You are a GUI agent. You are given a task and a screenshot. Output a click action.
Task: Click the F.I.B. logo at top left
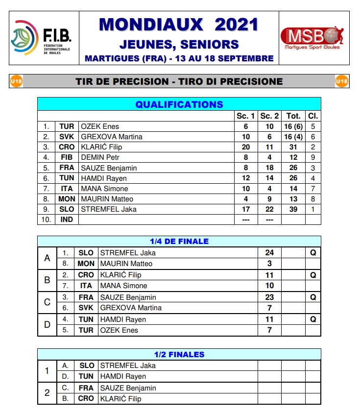(x=43, y=38)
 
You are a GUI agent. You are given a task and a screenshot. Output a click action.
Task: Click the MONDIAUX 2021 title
(x=179, y=24)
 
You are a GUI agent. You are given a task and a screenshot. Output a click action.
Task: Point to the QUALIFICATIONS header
(x=179, y=104)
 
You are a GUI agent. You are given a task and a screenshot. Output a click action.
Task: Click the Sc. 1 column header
(x=246, y=116)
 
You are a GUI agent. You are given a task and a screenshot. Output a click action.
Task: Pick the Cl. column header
(x=312, y=116)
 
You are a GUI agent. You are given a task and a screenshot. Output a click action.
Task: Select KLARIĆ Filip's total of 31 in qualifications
(x=293, y=147)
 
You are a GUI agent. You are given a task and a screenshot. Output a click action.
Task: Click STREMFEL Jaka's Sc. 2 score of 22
(x=269, y=209)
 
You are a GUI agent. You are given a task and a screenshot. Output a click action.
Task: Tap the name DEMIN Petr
(x=100, y=157)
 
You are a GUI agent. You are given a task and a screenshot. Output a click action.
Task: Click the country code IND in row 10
(x=67, y=220)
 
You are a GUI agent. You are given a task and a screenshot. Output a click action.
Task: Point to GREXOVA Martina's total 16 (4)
(x=293, y=137)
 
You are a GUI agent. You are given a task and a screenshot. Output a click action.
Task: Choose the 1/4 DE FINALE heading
(x=179, y=241)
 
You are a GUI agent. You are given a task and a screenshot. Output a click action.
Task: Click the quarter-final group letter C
(x=47, y=302)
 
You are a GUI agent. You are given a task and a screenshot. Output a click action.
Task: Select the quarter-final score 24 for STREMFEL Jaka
(x=269, y=253)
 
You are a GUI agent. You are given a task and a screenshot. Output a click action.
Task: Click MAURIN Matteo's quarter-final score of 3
(x=269, y=264)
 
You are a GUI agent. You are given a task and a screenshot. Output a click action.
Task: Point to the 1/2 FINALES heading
(x=179, y=354)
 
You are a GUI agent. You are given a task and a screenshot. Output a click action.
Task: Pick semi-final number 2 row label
(x=47, y=393)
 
